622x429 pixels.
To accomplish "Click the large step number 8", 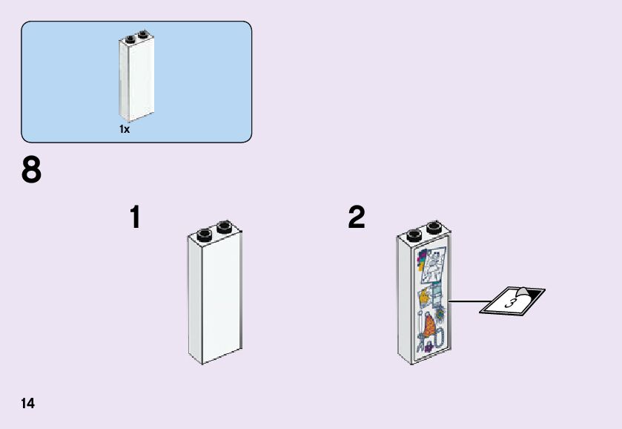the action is click(32, 171).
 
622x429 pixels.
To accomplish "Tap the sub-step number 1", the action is click(135, 217).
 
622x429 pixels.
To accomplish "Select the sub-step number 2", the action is click(357, 217).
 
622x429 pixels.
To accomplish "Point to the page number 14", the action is click(28, 404).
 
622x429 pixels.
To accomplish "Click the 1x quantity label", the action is click(125, 129).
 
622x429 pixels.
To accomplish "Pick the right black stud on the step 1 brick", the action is click(225, 226).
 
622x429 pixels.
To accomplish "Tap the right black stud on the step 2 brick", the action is click(434, 226).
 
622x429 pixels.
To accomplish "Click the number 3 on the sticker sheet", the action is click(509, 302).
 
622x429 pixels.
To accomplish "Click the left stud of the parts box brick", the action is click(130, 39).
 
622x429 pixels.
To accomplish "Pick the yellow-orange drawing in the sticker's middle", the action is click(424, 298).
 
